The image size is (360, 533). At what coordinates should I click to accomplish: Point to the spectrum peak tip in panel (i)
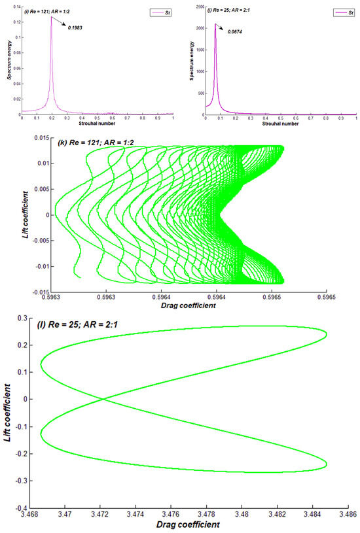tap(51, 17)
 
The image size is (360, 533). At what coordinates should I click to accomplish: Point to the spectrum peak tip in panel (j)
tap(215, 24)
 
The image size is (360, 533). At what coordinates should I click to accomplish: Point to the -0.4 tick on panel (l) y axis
tap(25, 507)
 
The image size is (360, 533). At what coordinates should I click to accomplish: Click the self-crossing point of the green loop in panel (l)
tap(102, 400)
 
